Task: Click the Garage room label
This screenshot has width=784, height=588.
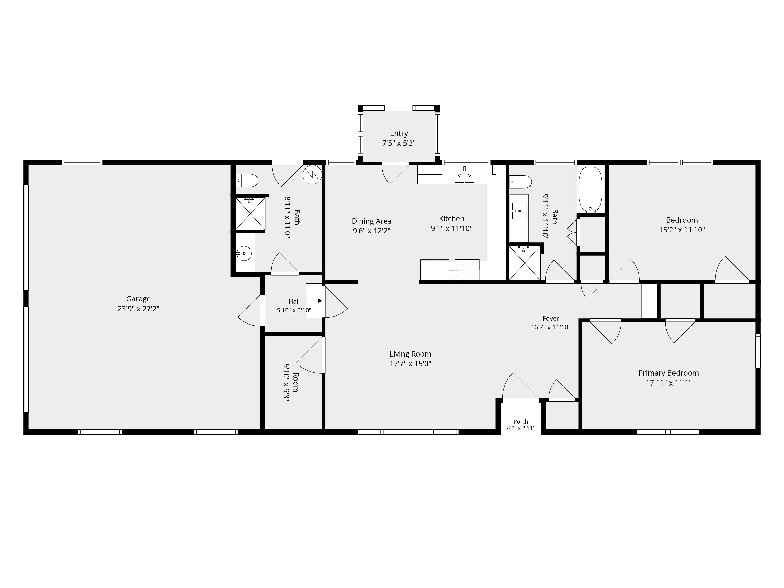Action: [138, 299]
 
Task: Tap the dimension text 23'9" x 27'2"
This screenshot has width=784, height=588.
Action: [138, 309]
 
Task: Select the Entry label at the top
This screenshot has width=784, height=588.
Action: [399, 134]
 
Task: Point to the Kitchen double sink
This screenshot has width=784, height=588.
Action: [464, 175]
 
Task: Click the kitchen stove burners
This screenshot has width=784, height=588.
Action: [467, 269]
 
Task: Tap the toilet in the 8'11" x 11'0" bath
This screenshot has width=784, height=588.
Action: [247, 180]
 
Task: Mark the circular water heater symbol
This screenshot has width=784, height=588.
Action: [312, 175]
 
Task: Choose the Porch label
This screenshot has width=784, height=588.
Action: [521, 421]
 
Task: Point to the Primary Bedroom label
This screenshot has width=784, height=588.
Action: [668, 373]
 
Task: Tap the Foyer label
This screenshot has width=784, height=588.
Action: [550, 318]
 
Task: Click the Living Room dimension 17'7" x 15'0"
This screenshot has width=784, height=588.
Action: [410, 364]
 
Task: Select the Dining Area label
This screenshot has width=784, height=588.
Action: [371, 221]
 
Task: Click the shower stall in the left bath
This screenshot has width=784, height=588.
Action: [250, 213]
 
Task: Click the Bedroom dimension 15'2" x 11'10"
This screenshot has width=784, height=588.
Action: [682, 230]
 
